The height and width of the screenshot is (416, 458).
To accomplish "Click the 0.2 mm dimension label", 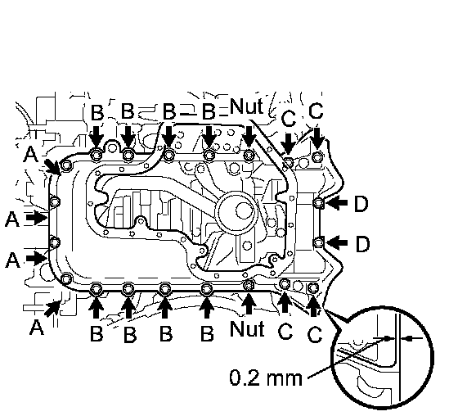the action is point(266,378).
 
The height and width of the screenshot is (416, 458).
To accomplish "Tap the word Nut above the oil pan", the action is point(247,106).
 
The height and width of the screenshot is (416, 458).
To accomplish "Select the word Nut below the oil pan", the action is point(247,328).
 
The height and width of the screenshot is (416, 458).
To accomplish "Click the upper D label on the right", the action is point(361,204).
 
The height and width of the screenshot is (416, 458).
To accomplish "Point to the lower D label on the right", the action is point(362,244).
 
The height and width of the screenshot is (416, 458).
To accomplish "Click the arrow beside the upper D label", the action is point(336,203).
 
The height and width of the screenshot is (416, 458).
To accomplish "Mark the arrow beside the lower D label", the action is point(336,243).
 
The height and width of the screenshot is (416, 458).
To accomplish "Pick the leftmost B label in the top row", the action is point(97,113).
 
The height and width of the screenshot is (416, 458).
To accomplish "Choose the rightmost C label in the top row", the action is point(316,111).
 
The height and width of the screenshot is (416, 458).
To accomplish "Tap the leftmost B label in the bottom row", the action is point(97,333).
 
